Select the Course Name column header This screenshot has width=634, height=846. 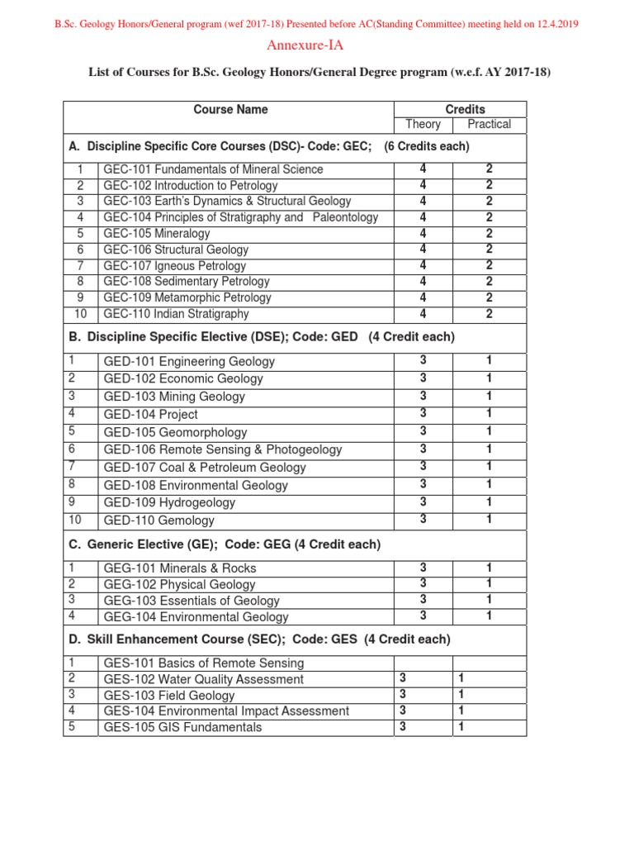(230, 109)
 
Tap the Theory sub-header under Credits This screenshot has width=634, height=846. (423, 125)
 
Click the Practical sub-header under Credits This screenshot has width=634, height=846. (489, 125)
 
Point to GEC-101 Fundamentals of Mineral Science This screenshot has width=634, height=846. (213, 169)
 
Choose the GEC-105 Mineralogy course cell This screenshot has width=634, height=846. (157, 234)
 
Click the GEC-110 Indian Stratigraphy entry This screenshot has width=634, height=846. (176, 314)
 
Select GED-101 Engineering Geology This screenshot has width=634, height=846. (189, 362)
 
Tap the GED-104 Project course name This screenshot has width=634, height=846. (150, 415)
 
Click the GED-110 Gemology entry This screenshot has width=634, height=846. (158, 520)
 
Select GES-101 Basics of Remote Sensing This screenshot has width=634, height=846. (203, 663)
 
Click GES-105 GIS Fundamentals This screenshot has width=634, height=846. (182, 727)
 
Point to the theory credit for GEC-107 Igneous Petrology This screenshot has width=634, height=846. (423, 265)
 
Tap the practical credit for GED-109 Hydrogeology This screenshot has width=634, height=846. (489, 501)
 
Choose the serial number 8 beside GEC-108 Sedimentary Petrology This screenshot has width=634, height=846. (81, 282)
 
